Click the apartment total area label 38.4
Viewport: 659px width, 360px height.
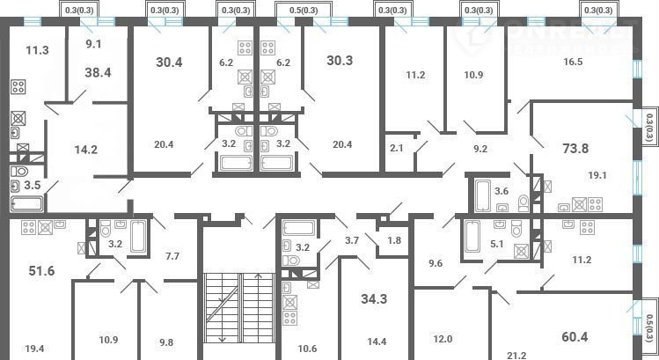coord(98,72)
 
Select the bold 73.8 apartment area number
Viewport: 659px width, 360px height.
coord(575,149)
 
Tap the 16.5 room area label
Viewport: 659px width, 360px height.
coord(574,62)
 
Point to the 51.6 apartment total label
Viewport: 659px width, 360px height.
coord(41,271)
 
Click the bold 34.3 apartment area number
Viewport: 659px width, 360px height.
coord(374,299)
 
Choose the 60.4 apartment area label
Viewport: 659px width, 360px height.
coord(575,337)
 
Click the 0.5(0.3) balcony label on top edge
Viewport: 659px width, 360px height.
coord(304,10)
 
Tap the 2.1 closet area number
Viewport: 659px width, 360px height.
coord(397,148)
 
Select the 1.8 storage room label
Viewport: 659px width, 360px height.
coord(394,240)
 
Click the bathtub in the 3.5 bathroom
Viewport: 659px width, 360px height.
coord(26,204)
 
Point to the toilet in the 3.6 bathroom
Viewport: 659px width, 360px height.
coord(524,203)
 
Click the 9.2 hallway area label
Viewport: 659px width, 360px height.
coord(480,149)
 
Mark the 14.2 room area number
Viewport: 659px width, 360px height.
coord(85,150)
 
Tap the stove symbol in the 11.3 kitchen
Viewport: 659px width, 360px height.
coord(18,86)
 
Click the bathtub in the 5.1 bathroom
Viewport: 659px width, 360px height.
coord(472,236)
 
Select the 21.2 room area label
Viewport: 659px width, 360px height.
coord(516,356)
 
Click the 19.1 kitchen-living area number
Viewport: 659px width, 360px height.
coord(597,175)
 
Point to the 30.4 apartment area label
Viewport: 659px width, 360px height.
coord(169,62)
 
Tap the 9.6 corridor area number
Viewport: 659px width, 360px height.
coord(436,263)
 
